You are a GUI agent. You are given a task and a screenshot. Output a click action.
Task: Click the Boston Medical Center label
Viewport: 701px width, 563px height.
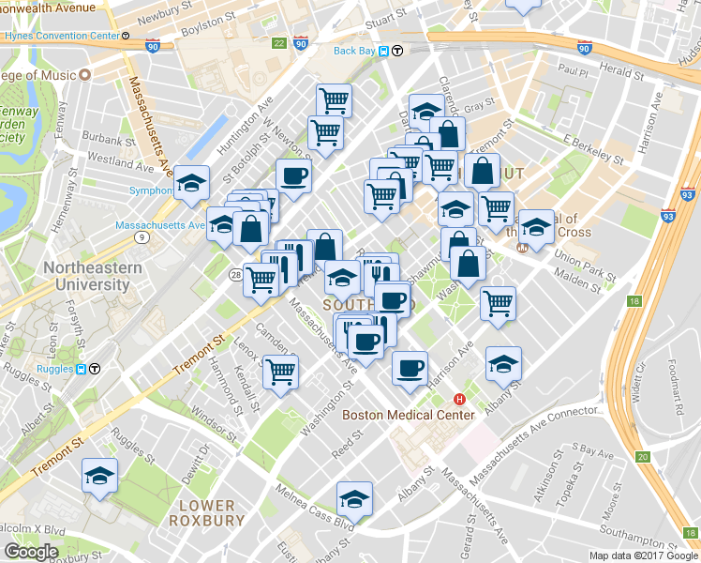[408, 415]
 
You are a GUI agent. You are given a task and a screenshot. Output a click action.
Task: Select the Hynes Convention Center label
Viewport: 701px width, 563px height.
[60, 36]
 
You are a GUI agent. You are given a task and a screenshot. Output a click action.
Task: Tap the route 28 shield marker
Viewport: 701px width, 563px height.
[238, 273]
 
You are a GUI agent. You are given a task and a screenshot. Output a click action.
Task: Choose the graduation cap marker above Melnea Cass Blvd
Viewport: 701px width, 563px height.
[354, 498]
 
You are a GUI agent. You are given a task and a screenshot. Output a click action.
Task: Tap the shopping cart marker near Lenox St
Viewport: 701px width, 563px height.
[280, 371]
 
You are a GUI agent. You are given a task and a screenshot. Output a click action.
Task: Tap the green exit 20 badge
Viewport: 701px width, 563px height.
[641, 457]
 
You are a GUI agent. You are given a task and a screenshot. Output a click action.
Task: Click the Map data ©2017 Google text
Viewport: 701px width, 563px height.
[642, 555]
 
